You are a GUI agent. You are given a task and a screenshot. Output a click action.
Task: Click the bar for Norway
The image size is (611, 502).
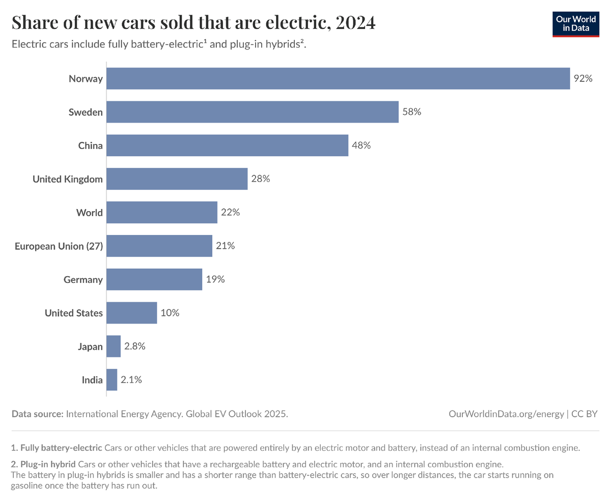[x=338, y=78]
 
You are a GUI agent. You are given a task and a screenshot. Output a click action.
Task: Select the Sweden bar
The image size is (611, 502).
[x=253, y=112]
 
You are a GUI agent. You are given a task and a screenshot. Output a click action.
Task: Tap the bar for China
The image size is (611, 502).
[x=227, y=145]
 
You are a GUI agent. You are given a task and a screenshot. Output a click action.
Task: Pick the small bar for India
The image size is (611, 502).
[x=112, y=380]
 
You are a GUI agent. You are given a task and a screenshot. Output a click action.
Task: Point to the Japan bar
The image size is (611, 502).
[x=114, y=346]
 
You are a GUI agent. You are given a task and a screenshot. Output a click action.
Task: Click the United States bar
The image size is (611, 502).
[x=132, y=313]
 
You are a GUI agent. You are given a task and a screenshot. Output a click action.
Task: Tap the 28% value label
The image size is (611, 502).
[x=260, y=179]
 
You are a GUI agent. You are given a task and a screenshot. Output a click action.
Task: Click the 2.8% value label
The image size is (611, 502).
[x=135, y=346]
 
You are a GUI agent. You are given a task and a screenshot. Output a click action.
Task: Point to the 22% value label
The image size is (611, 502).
[x=230, y=213]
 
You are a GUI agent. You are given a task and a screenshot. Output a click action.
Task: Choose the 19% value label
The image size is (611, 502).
[x=215, y=279]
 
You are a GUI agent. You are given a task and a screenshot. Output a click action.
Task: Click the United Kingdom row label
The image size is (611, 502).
[x=68, y=179]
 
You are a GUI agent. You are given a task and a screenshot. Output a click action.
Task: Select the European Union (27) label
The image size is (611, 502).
[x=59, y=246]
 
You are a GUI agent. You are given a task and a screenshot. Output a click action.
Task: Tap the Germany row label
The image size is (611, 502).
[x=83, y=280]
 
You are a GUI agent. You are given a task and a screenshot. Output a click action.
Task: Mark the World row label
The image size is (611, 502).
[x=89, y=213]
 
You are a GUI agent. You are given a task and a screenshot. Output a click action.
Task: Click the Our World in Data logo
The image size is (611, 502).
[x=575, y=23]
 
